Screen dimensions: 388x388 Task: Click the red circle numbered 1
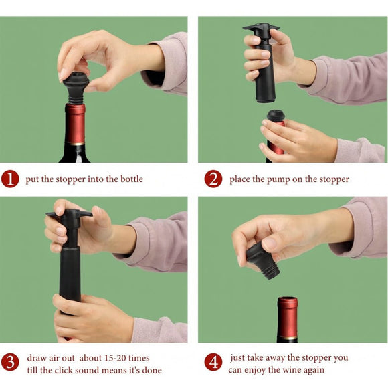(10, 179)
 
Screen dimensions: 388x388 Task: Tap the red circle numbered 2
(213, 179)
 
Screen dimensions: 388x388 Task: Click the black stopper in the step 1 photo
(76, 86)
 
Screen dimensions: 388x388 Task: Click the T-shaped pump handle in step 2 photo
(261, 29)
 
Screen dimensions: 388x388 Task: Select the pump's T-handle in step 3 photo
(69, 215)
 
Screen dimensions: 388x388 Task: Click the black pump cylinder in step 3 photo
(70, 274)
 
